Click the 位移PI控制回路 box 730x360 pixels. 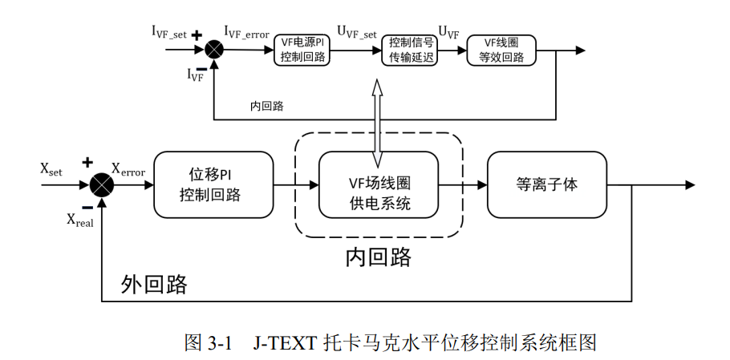(x=213, y=184)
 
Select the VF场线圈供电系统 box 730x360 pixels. (x=378, y=184)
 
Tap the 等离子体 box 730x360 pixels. (x=547, y=184)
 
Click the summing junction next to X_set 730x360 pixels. (x=102, y=184)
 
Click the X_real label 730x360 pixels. (x=80, y=220)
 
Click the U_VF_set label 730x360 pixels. (x=357, y=32)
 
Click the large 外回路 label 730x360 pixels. (x=154, y=284)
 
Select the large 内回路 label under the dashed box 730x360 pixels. (x=378, y=257)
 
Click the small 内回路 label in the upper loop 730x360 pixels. (x=267, y=106)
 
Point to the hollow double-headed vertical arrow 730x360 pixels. (x=377, y=123)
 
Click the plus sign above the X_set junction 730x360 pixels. (x=87, y=162)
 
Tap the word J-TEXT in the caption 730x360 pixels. (x=285, y=343)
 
